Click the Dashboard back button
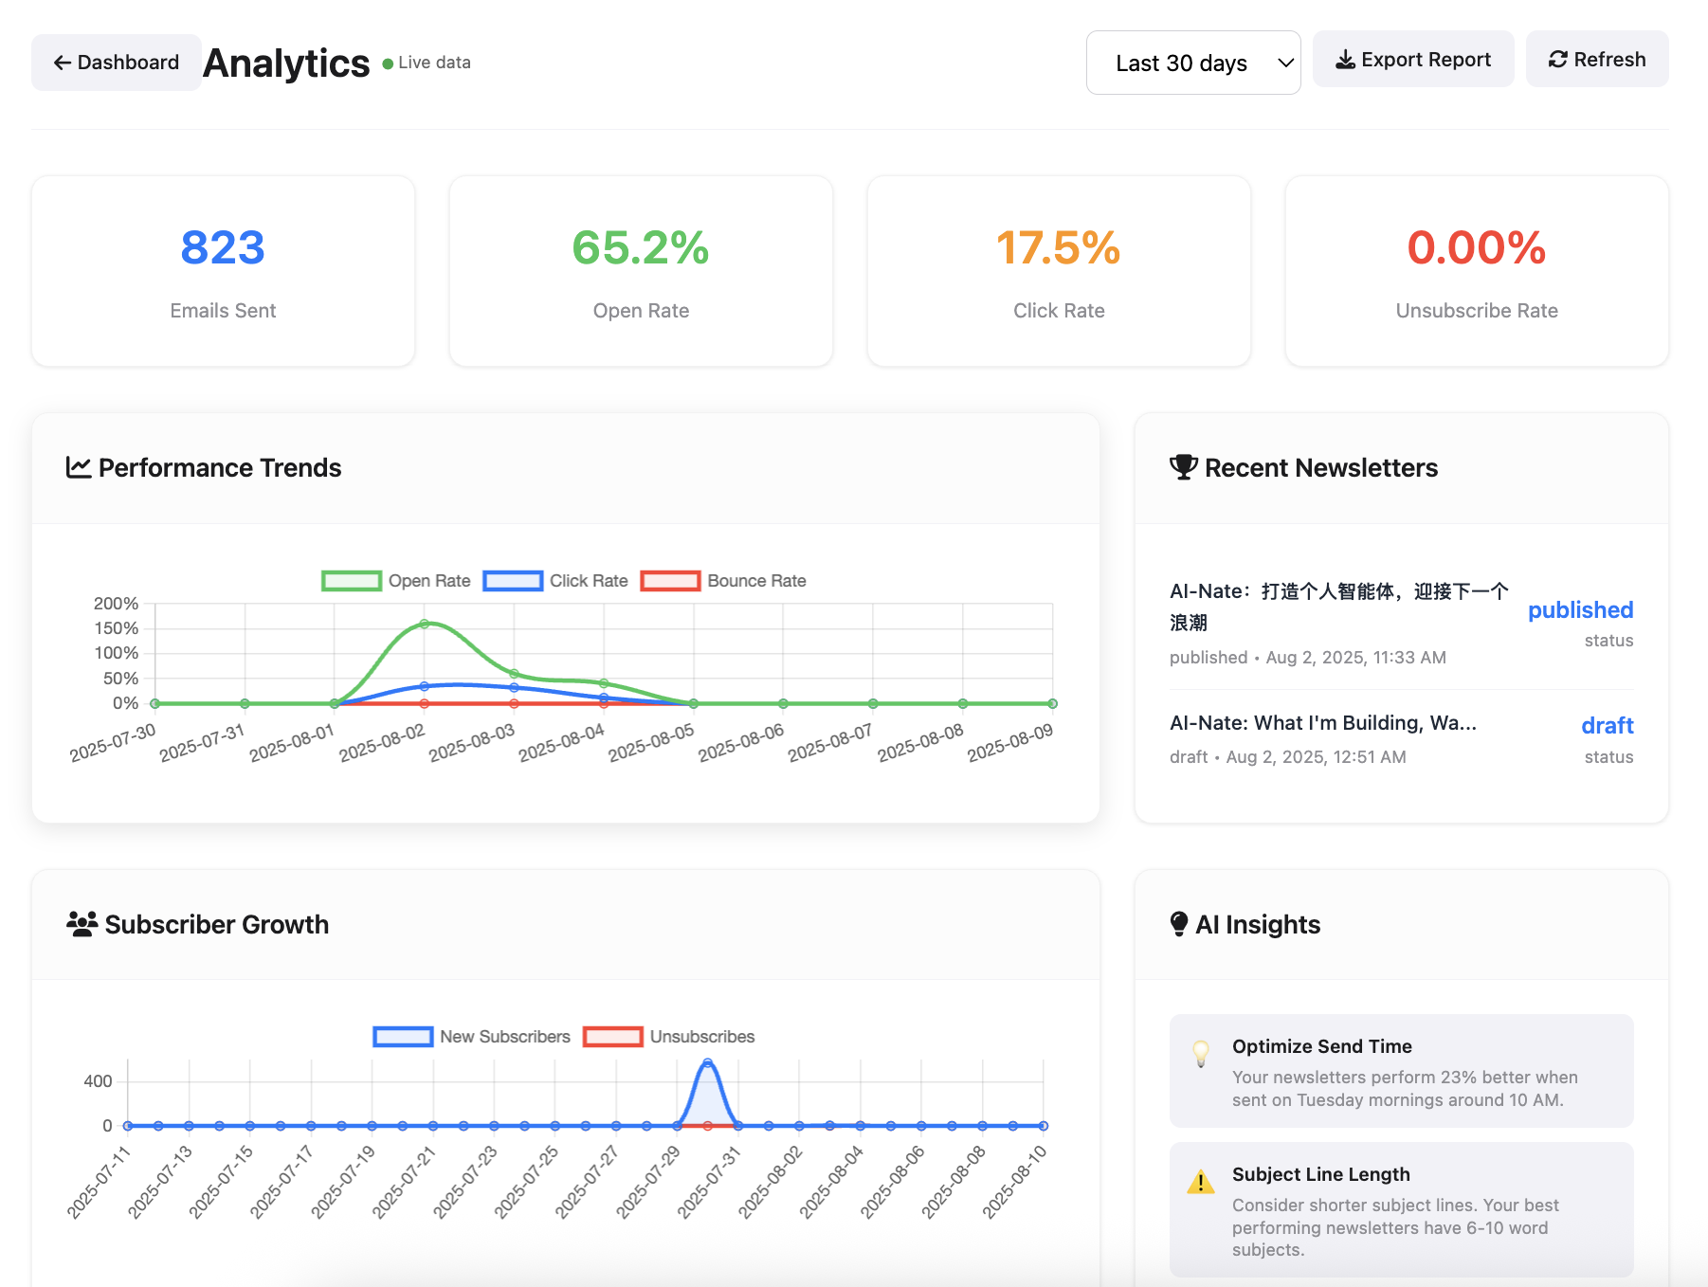[x=116, y=63]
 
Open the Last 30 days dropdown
[x=1192, y=63]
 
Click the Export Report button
[x=1412, y=60]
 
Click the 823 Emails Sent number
[x=223, y=248]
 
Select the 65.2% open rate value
[x=641, y=248]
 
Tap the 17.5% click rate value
[x=1058, y=248]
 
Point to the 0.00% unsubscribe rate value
[x=1476, y=248]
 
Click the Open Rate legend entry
[x=396, y=581]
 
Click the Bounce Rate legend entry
[x=723, y=581]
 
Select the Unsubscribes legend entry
[x=669, y=1037]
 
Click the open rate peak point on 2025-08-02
[x=425, y=624]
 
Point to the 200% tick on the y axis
[x=116, y=604]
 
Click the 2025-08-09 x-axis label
[x=1010, y=743]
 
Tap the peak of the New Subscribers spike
[x=707, y=1063]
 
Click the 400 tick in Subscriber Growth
[x=98, y=1081]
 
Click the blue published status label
[x=1580, y=610]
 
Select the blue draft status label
[x=1607, y=726]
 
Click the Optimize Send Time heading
[x=1321, y=1046]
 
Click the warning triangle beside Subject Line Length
[x=1200, y=1183]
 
